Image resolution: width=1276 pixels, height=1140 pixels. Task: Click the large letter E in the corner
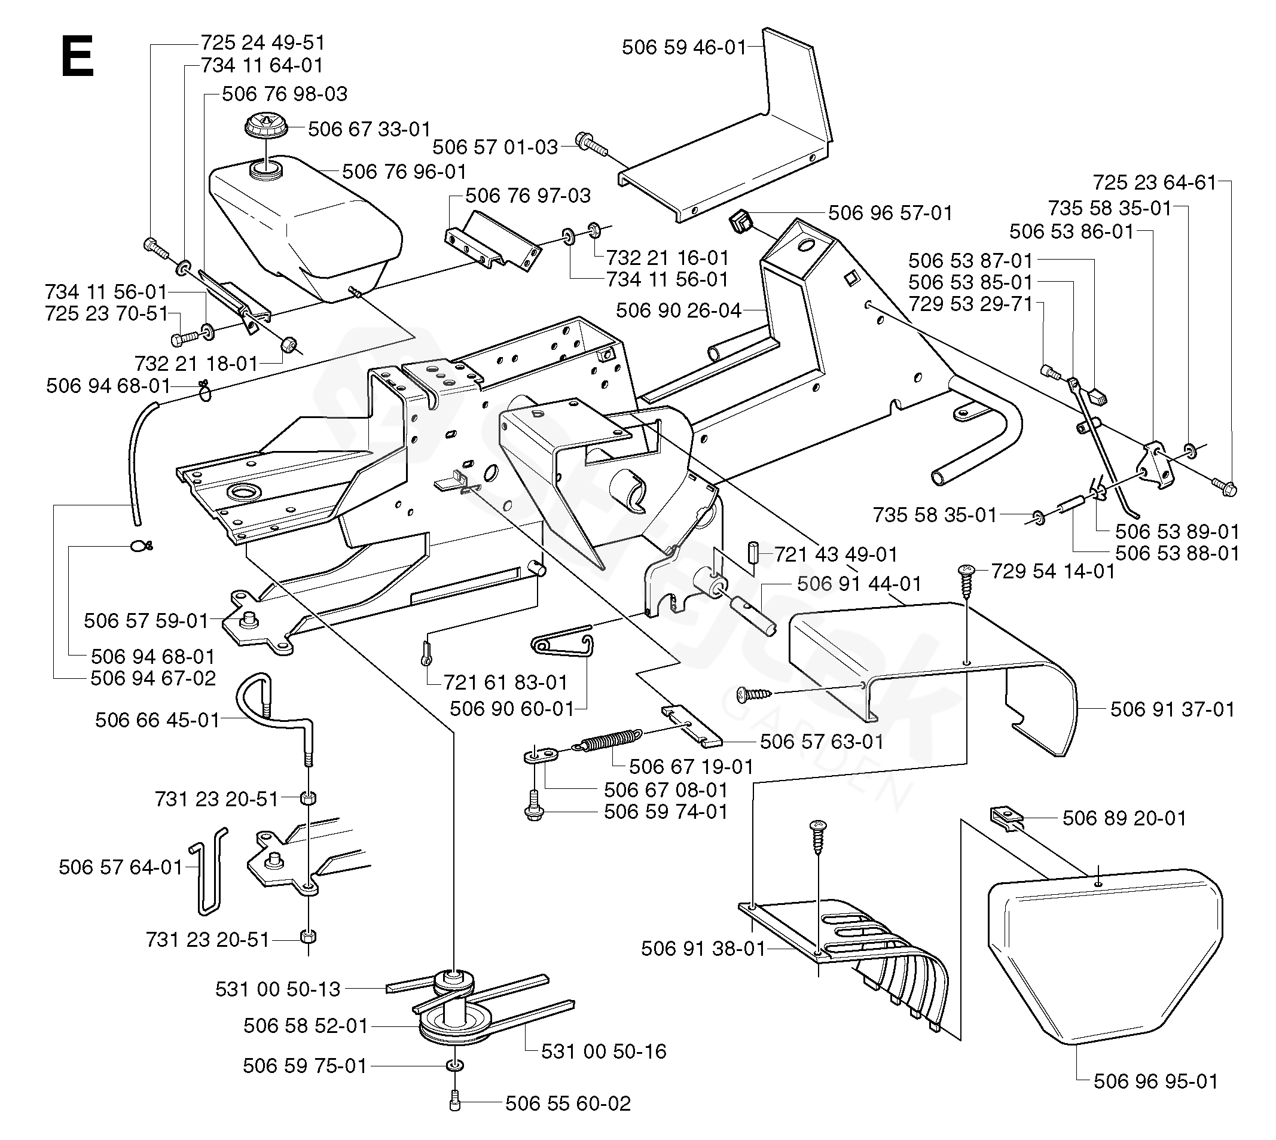coord(77,56)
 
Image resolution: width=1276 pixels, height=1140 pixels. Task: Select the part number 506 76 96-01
coord(404,172)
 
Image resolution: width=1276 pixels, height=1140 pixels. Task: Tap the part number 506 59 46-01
coord(684,47)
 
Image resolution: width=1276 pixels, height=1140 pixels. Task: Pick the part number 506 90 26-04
coord(679,310)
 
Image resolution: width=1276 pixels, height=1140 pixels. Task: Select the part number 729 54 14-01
coord(1053,571)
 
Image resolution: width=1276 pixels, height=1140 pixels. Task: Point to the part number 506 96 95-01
coord(1156,1081)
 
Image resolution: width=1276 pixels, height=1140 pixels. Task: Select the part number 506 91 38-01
coord(703,949)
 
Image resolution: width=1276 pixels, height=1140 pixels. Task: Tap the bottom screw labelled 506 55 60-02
coord(455,1104)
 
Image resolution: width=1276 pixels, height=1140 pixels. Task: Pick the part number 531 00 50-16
coord(603,1051)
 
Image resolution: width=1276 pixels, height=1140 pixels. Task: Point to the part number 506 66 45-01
coord(157,720)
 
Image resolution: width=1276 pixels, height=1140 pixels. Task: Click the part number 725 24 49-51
coord(263,42)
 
